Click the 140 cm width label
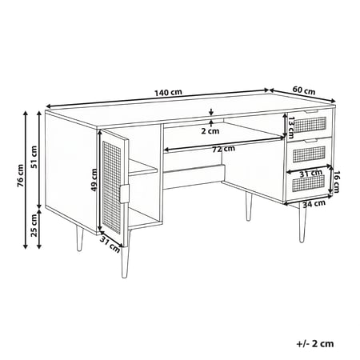pyautogui.click(x=168, y=93)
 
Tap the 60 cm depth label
pyautogui.click(x=304, y=90)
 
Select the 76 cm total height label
pyautogui.click(x=21, y=175)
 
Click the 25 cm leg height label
pyautogui.click(x=34, y=226)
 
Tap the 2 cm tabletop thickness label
pyautogui.click(x=210, y=131)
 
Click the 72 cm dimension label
pyautogui.click(x=224, y=149)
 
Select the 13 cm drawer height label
pyautogui.click(x=290, y=128)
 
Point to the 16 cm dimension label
pyautogui.click(x=336, y=182)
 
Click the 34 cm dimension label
pyautogui.click(x=314, y=203)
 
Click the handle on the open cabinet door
pyautogui.click(x=125, y=194)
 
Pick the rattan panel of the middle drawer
pyautogui.click(x=309, y=154)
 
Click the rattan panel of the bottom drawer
pyautogui.click(x=309, y=183)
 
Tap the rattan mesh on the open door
pyautogui.click(x=112, y=188)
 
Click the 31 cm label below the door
pyautogui.click(x=110, y=245)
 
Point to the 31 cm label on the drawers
pyautogui.click(x=310, y=174)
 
